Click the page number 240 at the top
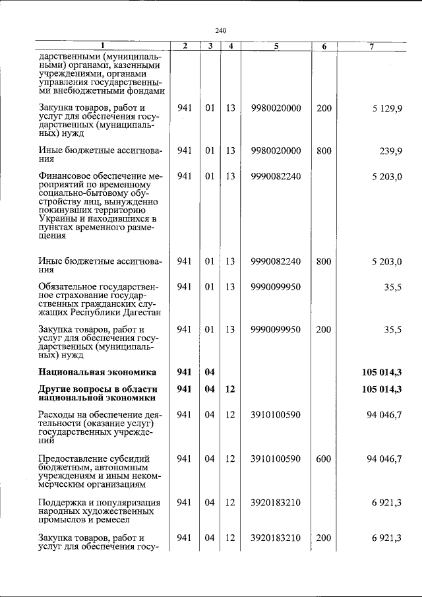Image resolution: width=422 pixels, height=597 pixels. pyautogui.click(x=221, y=30)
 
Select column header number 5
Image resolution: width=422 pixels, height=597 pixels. pyautogui.click(x=276, y=46)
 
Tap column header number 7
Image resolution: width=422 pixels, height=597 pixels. pyautogui.click(x=373, y=46)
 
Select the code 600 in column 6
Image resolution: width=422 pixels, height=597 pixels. pyautogui.click(x=324, y=458)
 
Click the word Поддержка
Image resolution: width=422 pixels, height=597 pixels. pyautogui.click(x=64, y=502)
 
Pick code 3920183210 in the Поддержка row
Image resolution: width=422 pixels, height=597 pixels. pyautogui.click(x=276, y=502)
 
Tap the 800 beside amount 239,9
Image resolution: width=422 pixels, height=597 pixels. pyautogui.click(x=324, y=150)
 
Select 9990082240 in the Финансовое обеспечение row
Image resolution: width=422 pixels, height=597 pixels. pyautogui.click(x=276, y=176)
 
